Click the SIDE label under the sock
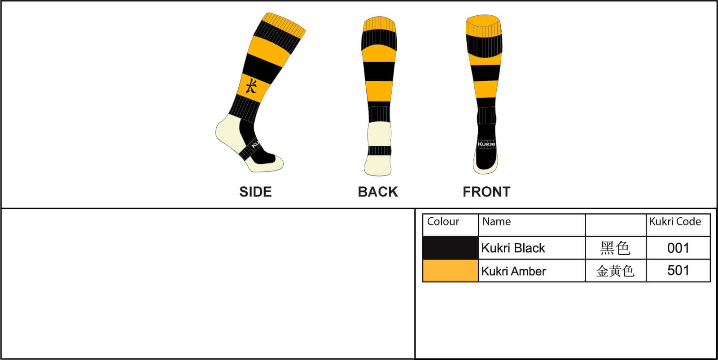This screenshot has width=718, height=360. [x=255, y=192]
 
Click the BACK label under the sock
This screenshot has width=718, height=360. [x=378, y=192]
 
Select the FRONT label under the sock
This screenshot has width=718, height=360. [x=486, y=192]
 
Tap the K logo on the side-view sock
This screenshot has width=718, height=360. [x=251, y=86]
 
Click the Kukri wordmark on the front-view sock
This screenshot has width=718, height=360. [x=486, y=144]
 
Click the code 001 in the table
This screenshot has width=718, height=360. [x=678, y=248]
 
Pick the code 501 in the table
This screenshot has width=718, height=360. [x=678, y=271]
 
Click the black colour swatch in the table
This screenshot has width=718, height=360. [x=451, y=248]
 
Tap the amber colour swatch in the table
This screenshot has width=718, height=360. [x=451, y=271]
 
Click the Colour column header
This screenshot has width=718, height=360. [x=443, y=221]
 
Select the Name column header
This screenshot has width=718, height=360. [x=496, y=221]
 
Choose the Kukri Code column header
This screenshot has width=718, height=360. [x=675, y=221]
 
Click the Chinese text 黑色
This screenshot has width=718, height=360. [x=615, y=248]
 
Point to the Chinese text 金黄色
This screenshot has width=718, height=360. [x=615, y=271]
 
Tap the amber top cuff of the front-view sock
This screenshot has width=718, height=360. [x=484, y=25]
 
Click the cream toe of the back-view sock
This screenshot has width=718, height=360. [x=378, y=165]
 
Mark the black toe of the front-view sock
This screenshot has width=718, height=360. [x=486, y=159]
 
